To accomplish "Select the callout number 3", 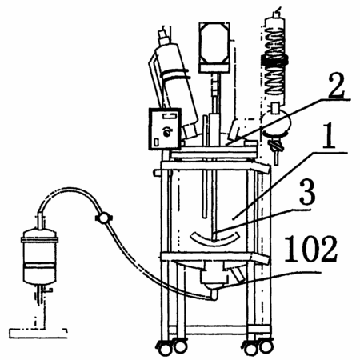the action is pyautogui.click(x=307, y=193).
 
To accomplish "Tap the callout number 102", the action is pyautogui.click(x=310, y=249).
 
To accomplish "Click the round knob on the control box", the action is pyautogui.click(x=167, y=132).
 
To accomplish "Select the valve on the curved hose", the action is pyautogui.click(x=103, y=217).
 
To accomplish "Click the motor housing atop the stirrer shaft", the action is pyautogui.click(x=214, y=47).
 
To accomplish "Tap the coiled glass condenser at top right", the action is pyautogui.click(x=275, y=58).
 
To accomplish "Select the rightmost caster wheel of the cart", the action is pyautogui.click(x=266, y=346).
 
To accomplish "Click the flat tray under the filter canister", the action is pyautogui.click(x=38, y=333).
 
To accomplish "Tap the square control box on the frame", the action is pyautogui.click(x=165, y=128).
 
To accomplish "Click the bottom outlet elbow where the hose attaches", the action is pyautogui.click(x=214, y=294).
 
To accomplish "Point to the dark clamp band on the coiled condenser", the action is pyautogui.click(x=274, y=61).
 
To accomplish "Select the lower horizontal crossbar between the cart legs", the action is pyautogui.click(x=217, y=330).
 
